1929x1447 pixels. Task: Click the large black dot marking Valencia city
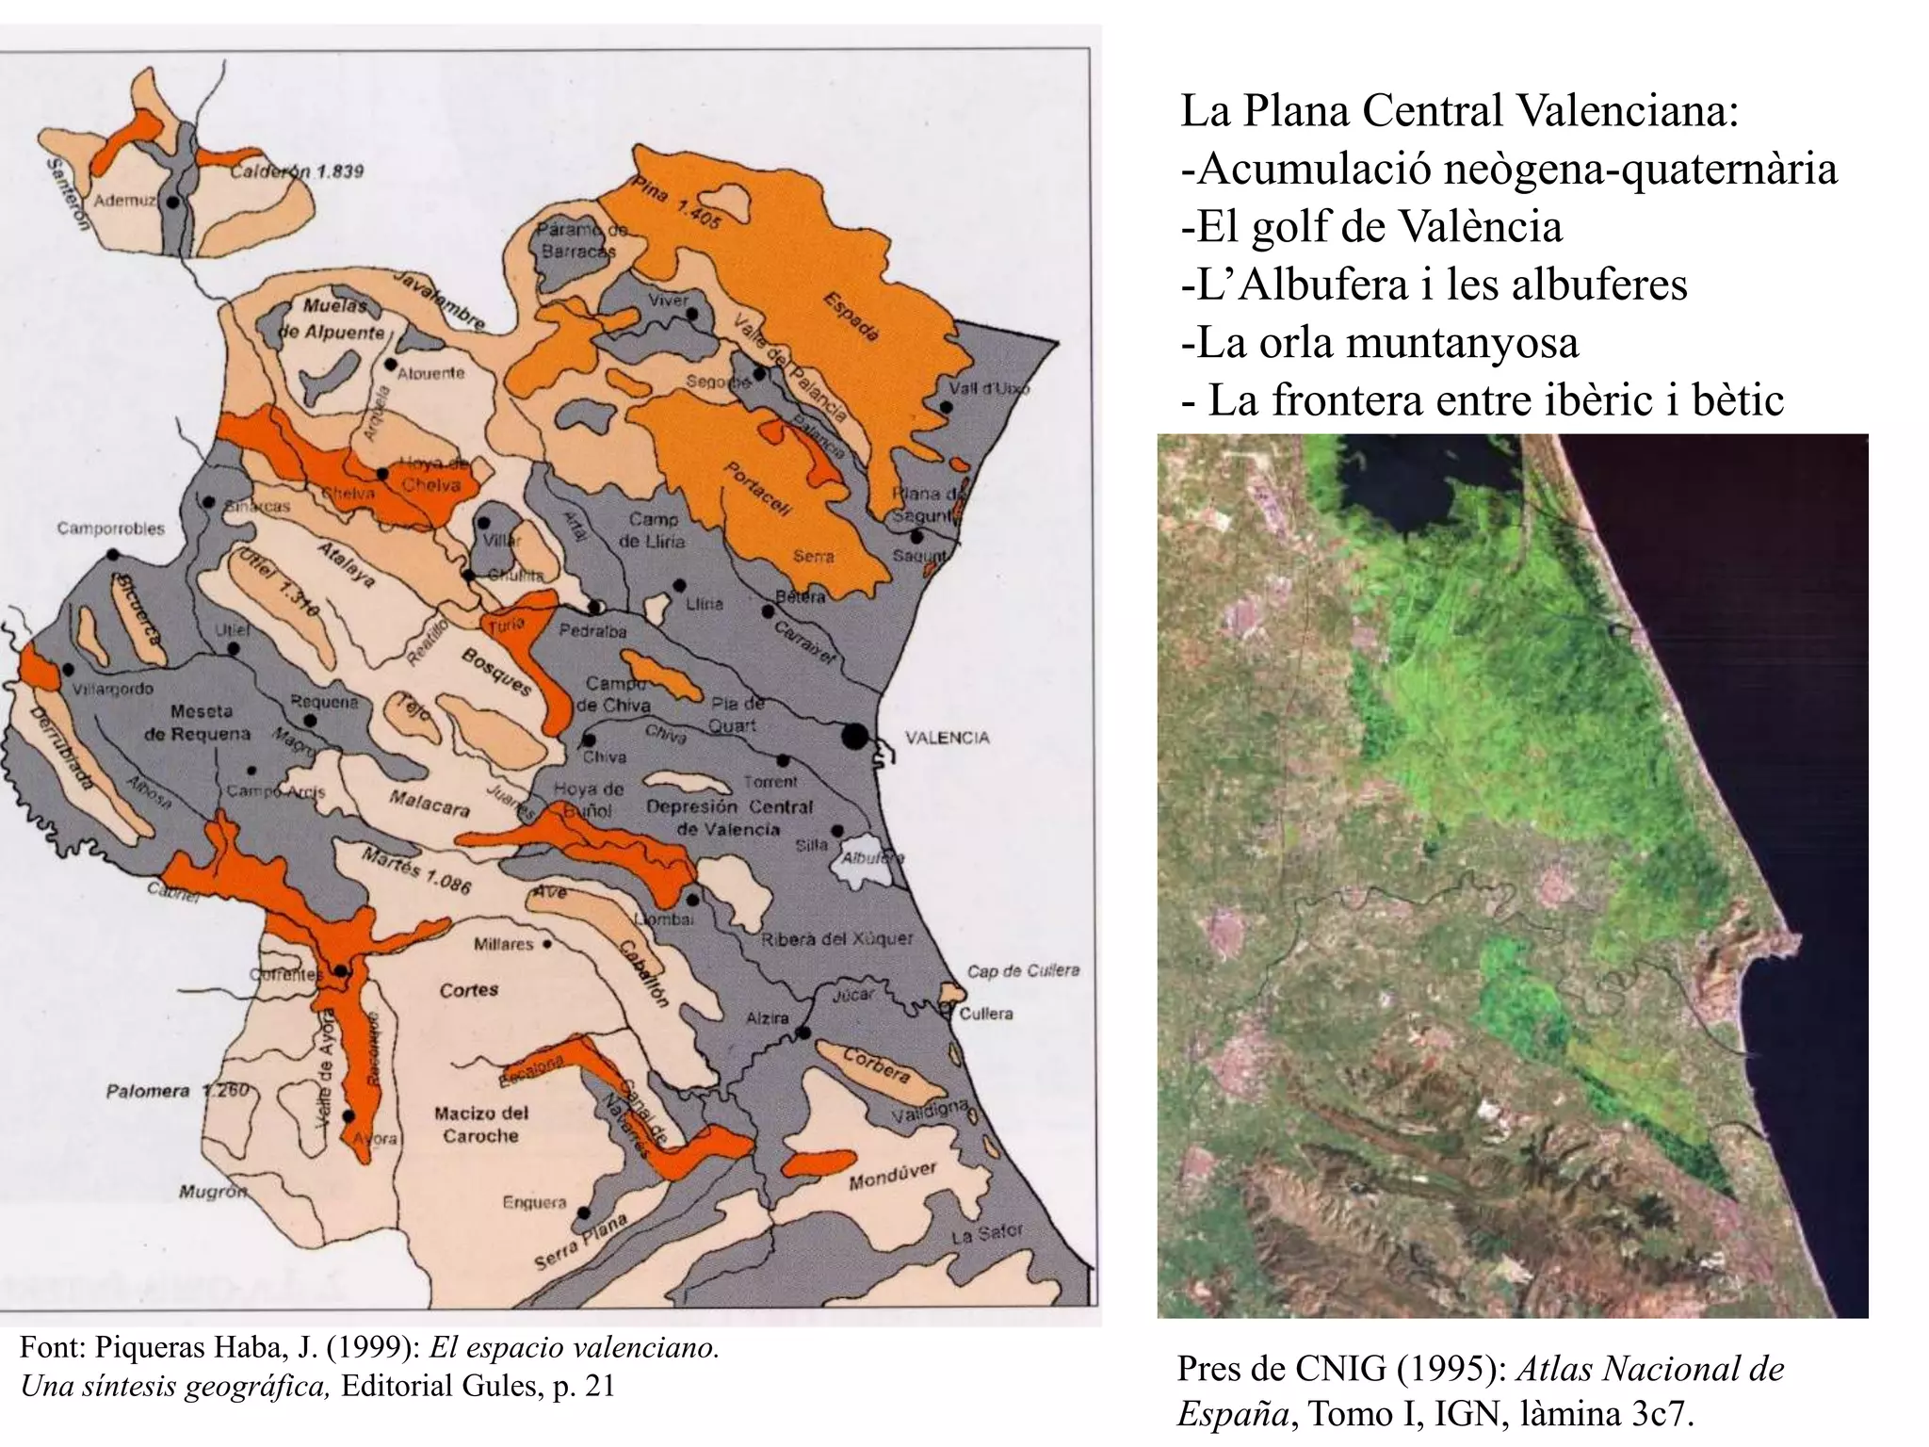coord(855,736)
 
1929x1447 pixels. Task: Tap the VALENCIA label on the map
coord(947,738)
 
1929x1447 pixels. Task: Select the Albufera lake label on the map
coord(872,858)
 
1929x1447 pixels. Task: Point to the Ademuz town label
coord(124,201)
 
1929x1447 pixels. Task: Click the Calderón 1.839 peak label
coord(298,171)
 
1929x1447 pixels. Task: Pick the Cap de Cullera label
coord(1023,970)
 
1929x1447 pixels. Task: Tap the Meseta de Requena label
coord(197,723)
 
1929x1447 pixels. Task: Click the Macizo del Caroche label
coord(480,1124)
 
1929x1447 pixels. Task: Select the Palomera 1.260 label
coord(177,1091)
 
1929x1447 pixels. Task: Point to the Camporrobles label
coord(110,528)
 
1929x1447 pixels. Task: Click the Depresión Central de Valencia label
coord(729,818)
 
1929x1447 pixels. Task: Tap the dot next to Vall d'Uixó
coord(946,408)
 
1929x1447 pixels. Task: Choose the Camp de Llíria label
coord(652,530)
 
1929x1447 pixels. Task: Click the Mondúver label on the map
coord(892,1177)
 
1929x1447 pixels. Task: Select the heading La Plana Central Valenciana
coord(1459,110)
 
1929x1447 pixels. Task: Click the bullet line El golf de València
coord(1371,226)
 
